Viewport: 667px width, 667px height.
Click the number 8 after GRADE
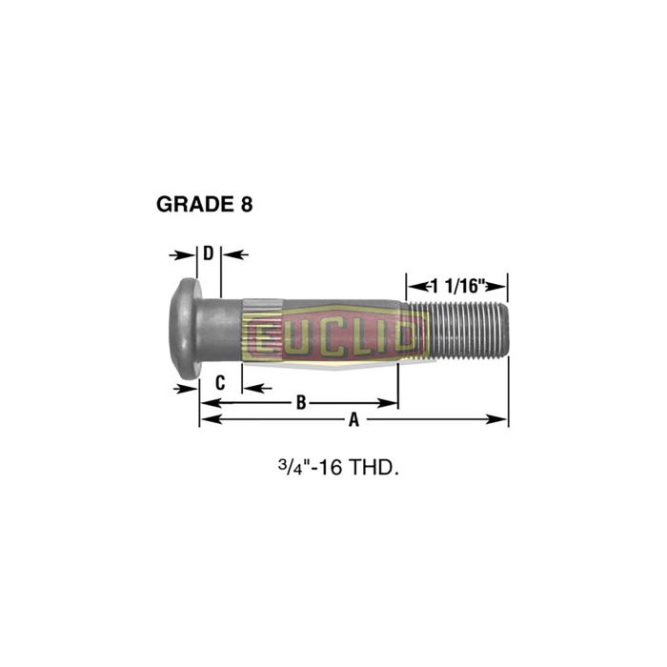pos(247,204)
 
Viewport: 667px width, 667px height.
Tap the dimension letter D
pos(208,253)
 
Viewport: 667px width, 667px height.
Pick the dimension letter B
pos(300,403)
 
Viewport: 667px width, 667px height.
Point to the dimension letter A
pos(354,419)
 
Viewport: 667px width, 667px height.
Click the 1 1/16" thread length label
pos(458,284)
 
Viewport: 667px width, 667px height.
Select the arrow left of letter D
pos(178,254)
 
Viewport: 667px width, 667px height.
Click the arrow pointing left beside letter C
pos(254,388)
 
